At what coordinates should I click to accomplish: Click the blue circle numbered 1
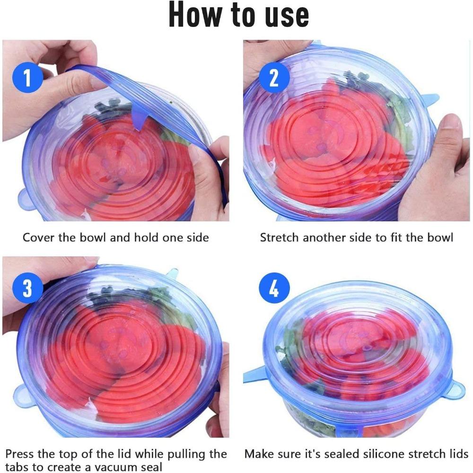(27, 77)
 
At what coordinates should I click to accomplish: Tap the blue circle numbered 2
(274, 77)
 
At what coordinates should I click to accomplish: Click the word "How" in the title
(195, 15)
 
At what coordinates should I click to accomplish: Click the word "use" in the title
(285, 15)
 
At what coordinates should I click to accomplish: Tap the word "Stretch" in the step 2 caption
(280, 237)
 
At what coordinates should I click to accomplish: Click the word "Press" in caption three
(20, 455)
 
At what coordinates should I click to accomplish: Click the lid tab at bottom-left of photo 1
(26, 199)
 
